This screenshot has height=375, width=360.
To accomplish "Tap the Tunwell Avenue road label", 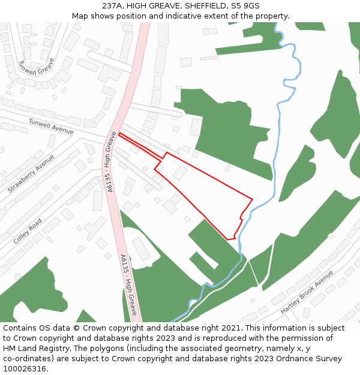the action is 51,126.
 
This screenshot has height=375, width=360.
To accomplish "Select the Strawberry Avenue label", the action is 31,173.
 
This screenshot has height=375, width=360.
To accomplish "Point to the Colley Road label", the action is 28,231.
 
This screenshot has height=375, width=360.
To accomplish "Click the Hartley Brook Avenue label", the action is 307,292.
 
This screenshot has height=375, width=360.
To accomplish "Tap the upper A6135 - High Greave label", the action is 110,162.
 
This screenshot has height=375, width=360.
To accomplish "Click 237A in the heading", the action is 112,5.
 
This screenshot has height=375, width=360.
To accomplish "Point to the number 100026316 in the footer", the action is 25,369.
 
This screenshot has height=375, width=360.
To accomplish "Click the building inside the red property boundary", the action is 180,173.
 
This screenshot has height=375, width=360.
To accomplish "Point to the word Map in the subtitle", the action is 80,16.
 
